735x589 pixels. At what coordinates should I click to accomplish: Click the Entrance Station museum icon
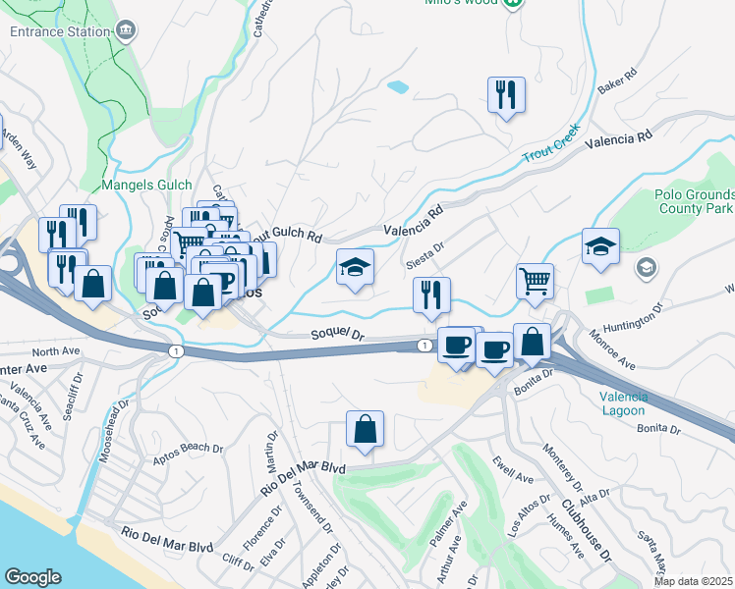(125, 30)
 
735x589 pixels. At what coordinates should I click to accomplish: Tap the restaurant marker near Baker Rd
(506, 96)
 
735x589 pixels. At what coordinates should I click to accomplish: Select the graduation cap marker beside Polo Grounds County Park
(600, 248)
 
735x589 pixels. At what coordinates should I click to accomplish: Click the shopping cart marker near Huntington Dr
(535, 282)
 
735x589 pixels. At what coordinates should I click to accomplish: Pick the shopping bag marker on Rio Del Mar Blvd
(365, 430)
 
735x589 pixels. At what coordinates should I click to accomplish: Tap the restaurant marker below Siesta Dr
(431, 295)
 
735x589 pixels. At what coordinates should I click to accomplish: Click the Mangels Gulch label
(146, 185)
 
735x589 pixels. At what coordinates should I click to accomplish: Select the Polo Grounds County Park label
(694, 201)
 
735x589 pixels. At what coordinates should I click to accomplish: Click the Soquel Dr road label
(337, 335)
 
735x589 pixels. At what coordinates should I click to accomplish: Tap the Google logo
(33, 576)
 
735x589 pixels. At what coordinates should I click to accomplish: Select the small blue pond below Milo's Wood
(398, 87)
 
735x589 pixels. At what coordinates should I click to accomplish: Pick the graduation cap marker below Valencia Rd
(355, 267)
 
